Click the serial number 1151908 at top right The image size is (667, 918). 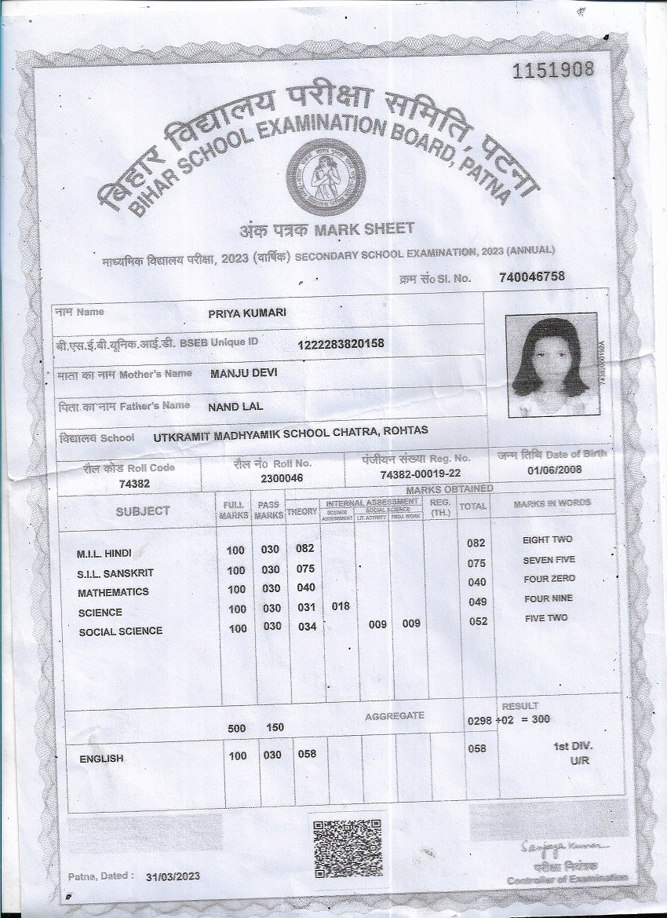point(553,70)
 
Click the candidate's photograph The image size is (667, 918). point(550,366)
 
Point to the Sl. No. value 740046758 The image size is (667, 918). point(531,276)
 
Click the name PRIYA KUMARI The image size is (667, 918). point(246,313)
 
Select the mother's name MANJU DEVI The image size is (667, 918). point(244,373)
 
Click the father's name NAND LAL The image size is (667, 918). point(235,406)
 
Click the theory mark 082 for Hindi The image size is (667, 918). point(304,548)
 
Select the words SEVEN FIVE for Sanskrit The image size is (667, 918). point(549,560)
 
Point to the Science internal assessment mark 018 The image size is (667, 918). point(341,606)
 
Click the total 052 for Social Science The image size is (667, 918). point(478,621)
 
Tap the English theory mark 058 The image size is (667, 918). point(306,754)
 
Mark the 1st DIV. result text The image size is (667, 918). point(573,746)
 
